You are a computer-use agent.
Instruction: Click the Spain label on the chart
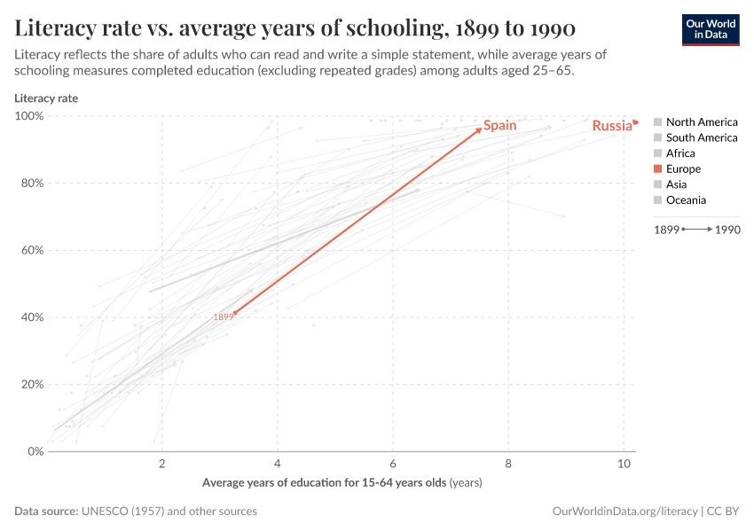(x=499, y=126)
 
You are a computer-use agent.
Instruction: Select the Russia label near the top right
(x=612, y=126)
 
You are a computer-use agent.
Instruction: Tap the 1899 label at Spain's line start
(x=223, y=317)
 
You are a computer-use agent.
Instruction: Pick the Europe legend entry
(x=683, y=168)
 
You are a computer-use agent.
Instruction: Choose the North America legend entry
(x=701, y=122)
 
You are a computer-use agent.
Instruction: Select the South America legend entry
(x=701, y=137)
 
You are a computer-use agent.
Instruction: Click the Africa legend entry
(x=680, y=153)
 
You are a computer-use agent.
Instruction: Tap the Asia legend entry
(x=676, y=184)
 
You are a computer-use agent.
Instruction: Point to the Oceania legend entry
(x=686, y=199)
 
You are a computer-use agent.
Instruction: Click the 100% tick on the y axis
(x=29, y=116)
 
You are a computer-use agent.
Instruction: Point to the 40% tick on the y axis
(x=32, y=317)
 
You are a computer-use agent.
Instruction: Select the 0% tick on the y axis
(x=35, y=451)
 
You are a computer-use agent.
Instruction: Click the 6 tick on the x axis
(x=393, y=465)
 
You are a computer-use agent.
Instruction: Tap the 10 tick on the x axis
(x=624, y=465)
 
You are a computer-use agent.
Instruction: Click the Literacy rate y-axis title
(x=46, y=98)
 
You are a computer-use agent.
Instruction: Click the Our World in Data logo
(x=711, y=29)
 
